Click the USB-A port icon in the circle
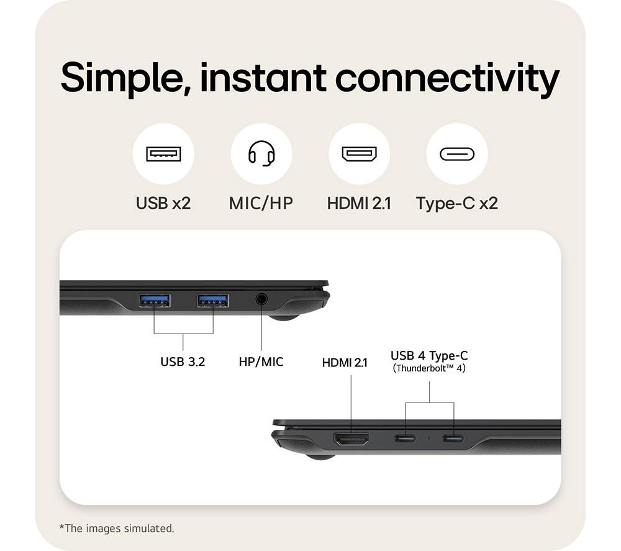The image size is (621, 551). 163,153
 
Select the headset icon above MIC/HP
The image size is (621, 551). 261,153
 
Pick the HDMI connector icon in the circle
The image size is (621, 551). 359,153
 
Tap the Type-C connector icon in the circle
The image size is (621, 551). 457,154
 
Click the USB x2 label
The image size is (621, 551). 163,203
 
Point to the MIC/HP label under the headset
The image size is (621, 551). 261,203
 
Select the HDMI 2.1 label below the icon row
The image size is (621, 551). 359,203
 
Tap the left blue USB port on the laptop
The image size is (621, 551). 155,301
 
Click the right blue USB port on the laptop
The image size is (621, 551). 213,301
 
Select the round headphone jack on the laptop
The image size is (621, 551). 261,299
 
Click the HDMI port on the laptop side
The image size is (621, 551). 351,439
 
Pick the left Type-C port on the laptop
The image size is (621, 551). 405,438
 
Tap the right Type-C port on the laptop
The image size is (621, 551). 453,438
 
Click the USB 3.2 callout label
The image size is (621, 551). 183,362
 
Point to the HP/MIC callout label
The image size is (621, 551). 261,362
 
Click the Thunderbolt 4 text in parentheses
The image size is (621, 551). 429,368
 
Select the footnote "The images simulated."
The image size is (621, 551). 117,528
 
